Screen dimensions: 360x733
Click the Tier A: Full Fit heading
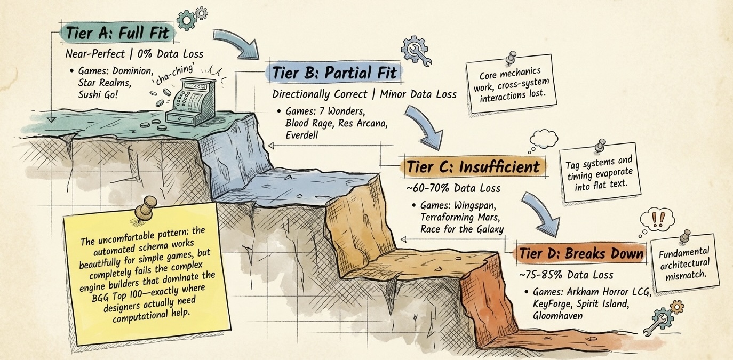(117, 33)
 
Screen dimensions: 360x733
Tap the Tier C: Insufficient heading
(472, 167)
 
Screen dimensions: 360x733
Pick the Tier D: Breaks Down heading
(580, 253)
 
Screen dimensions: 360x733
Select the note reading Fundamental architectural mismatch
(684, 262)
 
